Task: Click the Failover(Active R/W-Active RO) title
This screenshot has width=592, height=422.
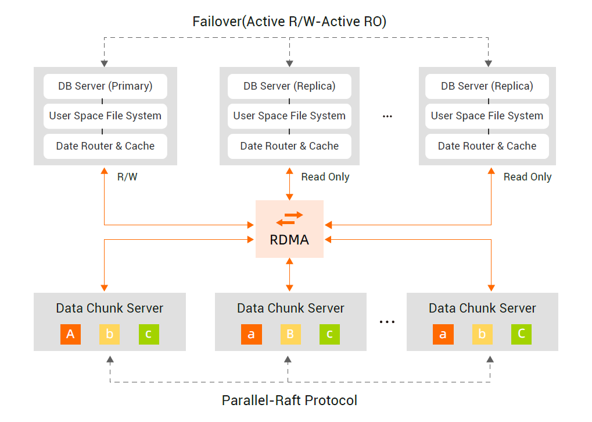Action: click(289, 22)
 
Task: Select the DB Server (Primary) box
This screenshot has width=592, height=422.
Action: click(105, 86)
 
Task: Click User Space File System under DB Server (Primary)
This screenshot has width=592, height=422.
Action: click(105, 116)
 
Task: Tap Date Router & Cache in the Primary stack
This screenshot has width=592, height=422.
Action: click(105, 146)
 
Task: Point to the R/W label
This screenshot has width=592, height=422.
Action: click(127, 177)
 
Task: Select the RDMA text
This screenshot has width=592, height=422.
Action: click(289, 239)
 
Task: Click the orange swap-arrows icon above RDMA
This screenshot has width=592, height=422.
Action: click(289, 218)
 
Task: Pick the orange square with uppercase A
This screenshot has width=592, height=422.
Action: click(70, 334)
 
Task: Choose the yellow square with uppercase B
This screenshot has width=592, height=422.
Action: click(290, 334)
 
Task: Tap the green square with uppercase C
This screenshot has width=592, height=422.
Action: click(521, 334)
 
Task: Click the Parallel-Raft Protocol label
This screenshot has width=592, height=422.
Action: click(289, 400)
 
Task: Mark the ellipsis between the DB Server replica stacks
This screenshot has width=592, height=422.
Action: click(388, 116)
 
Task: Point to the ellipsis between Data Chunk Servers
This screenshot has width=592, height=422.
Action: click(387, 321)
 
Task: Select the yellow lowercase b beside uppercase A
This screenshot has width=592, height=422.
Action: click(109, 334)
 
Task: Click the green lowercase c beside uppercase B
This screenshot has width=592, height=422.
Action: click(329, 334)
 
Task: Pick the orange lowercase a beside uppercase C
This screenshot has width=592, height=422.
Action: click(443, 334)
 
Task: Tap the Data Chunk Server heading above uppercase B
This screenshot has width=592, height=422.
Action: click(290, 308)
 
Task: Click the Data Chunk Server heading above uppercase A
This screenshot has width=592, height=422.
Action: click(109, 308)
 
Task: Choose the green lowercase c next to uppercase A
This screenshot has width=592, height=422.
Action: click(149, 334)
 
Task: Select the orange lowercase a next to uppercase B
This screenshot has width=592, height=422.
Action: click(251, 334)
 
